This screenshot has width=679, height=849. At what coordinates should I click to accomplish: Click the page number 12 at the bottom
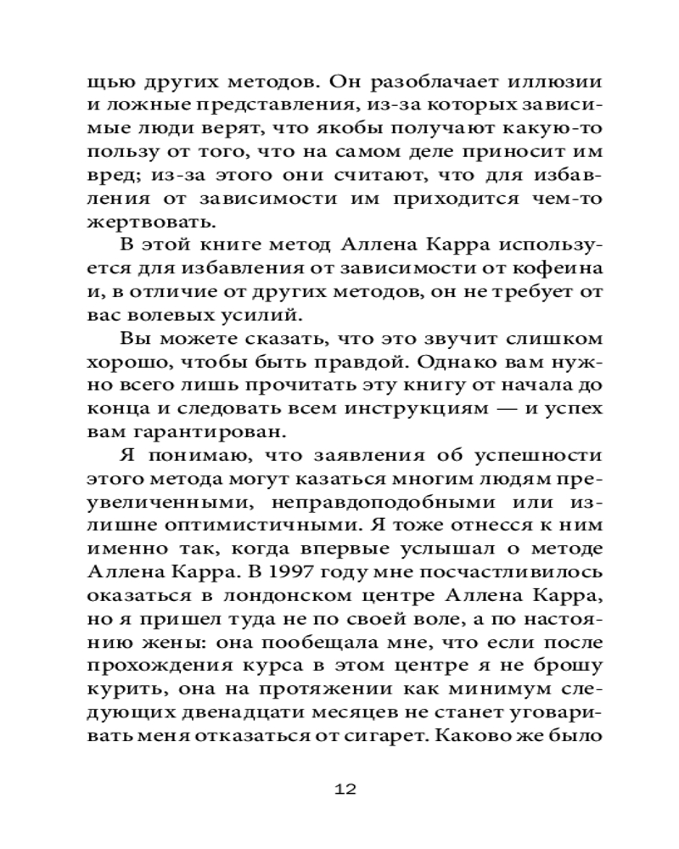(345, 789)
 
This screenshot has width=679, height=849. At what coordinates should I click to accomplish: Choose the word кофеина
(557, 269)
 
